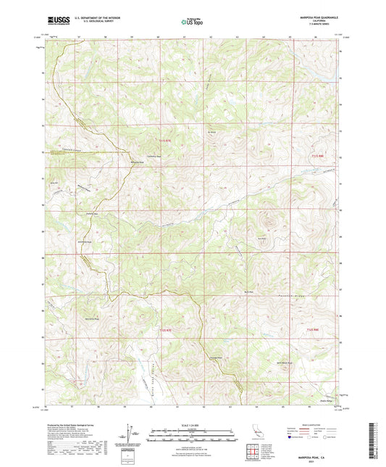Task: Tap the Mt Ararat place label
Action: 212,133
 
